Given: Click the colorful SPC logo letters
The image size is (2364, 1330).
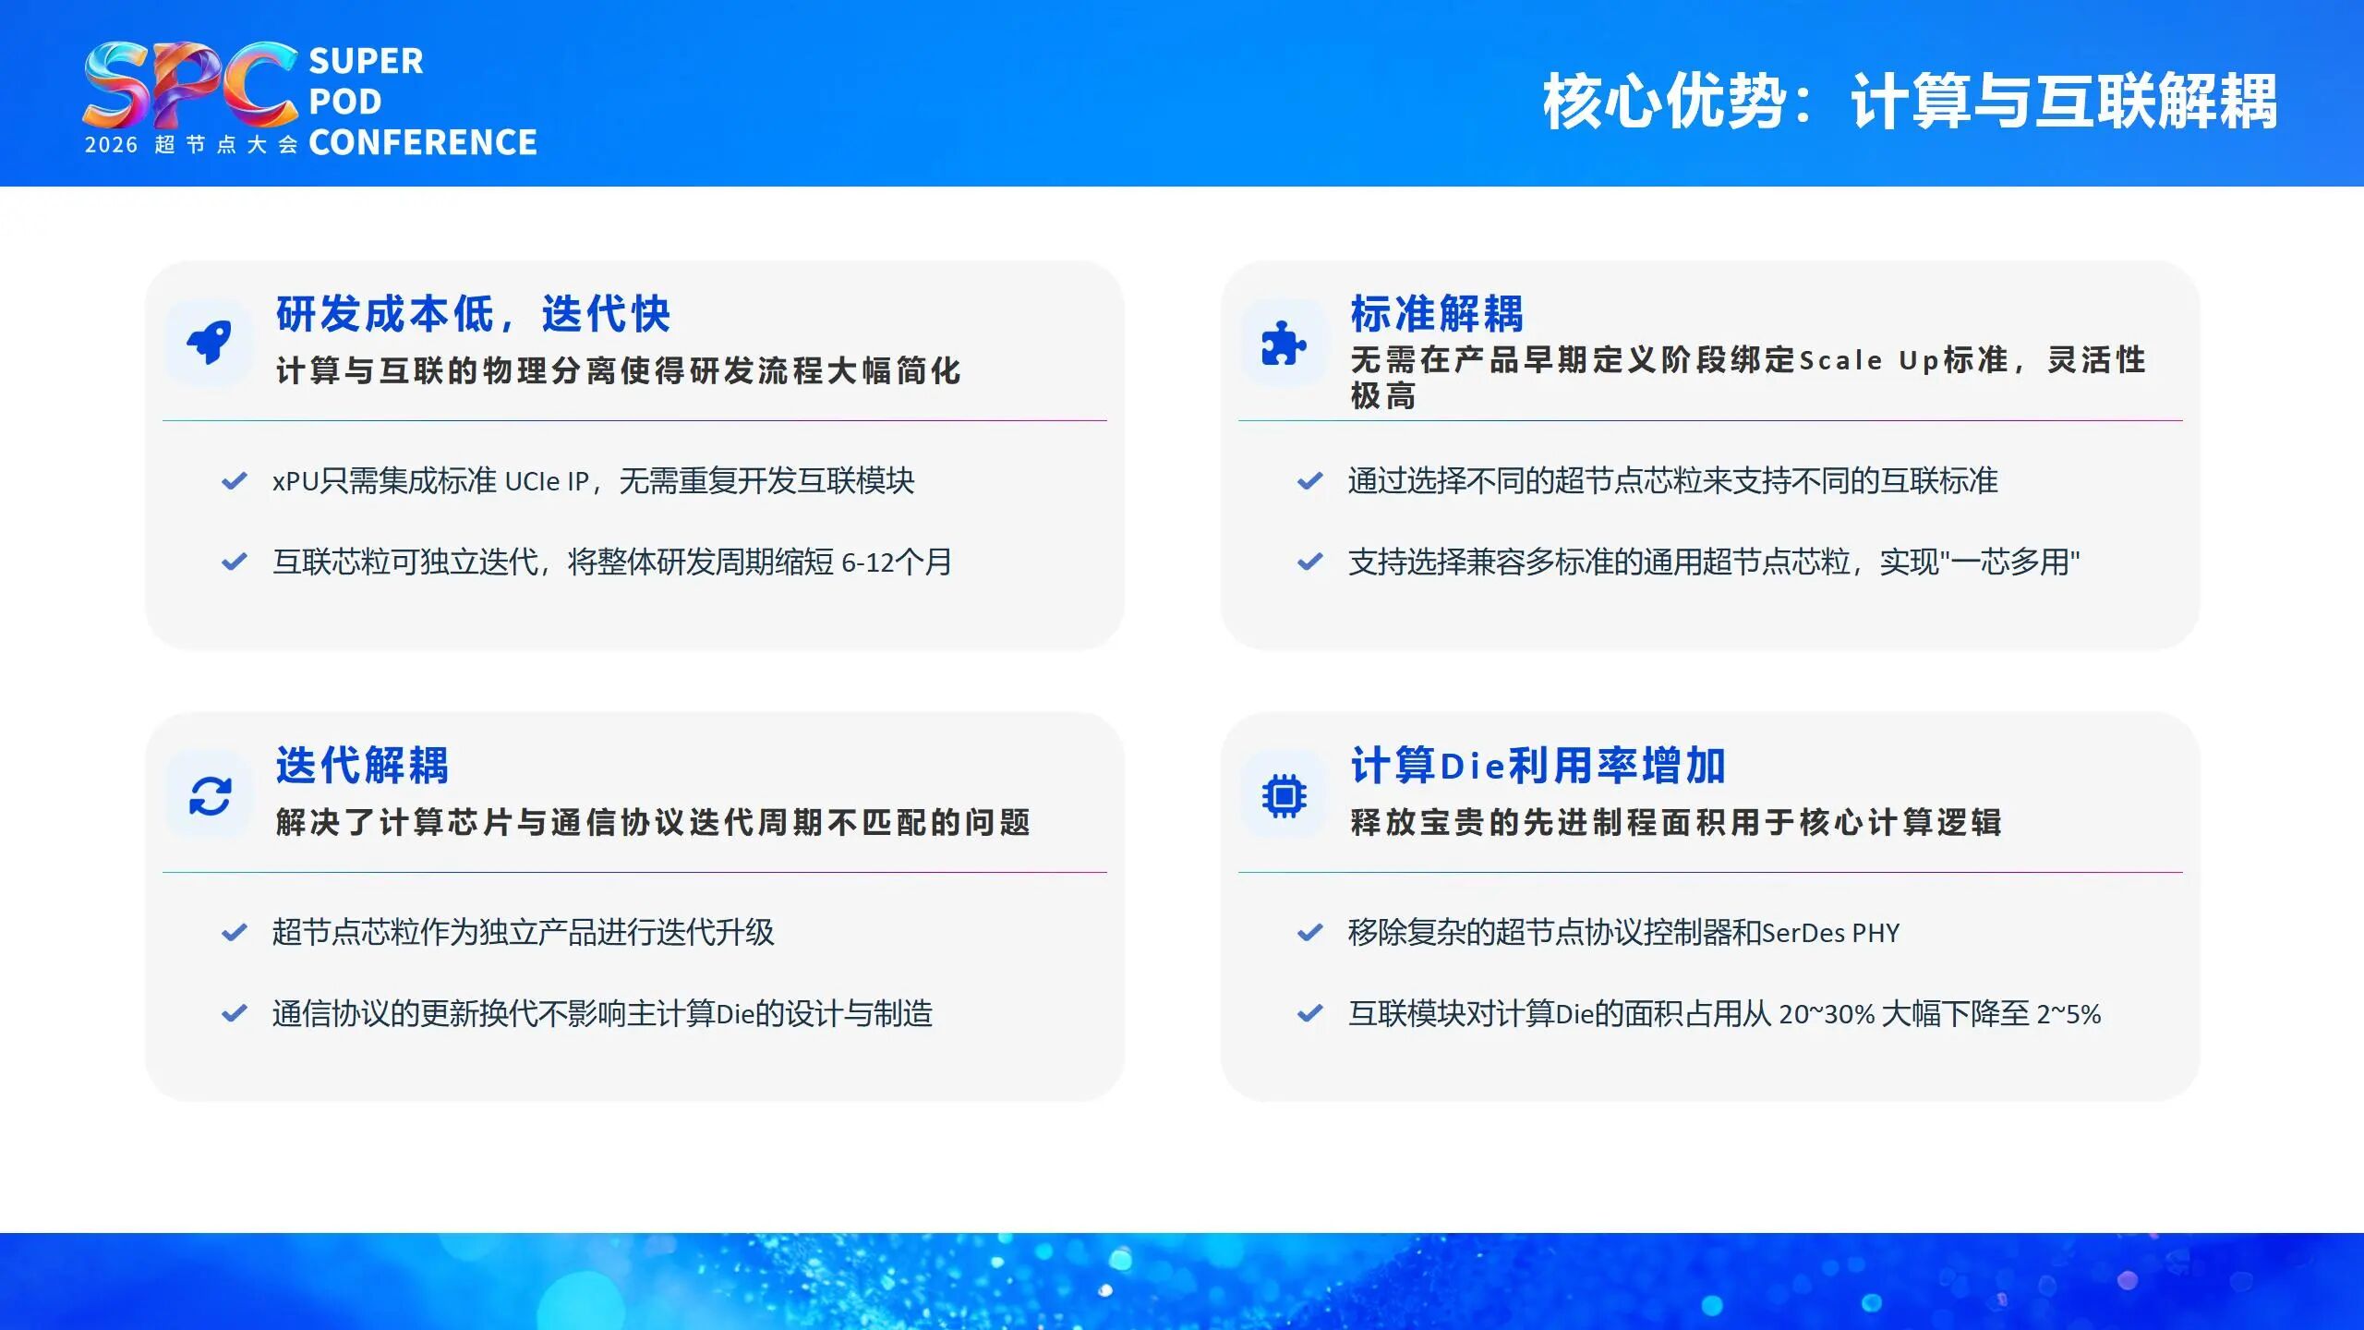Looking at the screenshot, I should click(x=189, y=85).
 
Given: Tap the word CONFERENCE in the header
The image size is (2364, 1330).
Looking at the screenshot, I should click(x=422, y=143).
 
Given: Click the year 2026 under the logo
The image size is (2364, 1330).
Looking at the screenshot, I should click(x=111, y=145).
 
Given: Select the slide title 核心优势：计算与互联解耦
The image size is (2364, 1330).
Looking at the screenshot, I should click(x=1909, y=101).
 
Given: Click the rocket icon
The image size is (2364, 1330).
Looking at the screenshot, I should click(x=210, y=343).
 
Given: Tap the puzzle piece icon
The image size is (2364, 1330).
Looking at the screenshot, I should click(x=1284, y=343).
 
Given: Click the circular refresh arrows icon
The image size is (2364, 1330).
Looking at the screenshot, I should click(x=210, y=795).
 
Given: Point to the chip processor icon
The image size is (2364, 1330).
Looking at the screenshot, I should click(x=1284, y=795).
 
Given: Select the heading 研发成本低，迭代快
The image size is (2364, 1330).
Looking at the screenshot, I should click(x=473, y=314).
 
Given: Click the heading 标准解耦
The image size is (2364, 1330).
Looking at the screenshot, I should click(x=1437, y=314).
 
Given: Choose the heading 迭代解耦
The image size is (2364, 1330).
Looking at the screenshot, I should click(x=362, y=766).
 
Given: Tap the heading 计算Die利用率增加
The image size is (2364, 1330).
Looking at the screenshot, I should click(x=1538, y=766).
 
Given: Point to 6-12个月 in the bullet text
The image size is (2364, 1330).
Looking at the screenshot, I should click(x=896, y=562).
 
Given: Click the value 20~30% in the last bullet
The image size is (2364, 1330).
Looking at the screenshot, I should click(x=1827, y=1014).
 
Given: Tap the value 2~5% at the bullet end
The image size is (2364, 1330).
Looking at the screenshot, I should click(x=2068, y=1014).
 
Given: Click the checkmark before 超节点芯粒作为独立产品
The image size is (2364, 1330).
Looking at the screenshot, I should click(x=235, y=932).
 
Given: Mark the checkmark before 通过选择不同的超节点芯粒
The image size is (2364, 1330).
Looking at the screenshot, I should click(x=1309, y=481).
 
